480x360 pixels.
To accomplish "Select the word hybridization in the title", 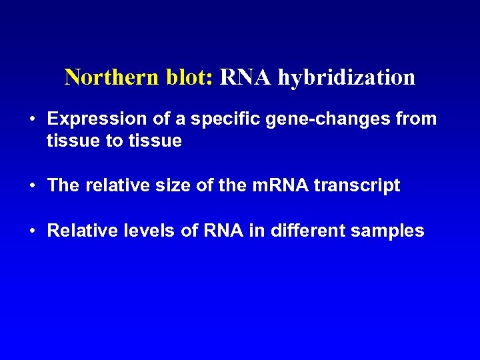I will [347, 78].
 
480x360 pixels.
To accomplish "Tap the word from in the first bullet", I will [417, 119].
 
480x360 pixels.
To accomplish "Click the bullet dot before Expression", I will [33, 120].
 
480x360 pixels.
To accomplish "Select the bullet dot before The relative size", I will [33, 186].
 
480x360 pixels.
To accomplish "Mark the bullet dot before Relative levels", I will [33, 231].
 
